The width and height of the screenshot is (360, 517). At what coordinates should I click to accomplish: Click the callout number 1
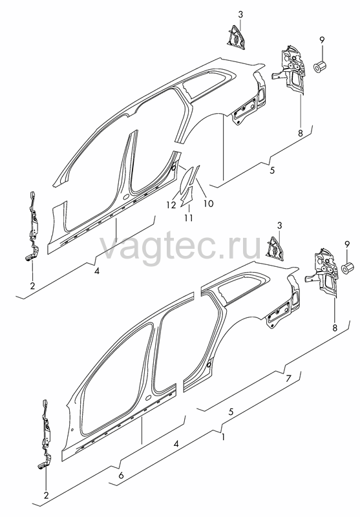tap(224, 438)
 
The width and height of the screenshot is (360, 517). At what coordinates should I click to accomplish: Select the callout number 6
tap(121, 475)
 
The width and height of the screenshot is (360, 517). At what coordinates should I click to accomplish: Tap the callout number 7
tap(288, 379)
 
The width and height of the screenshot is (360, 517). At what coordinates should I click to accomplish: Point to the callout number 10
tap(208, 204)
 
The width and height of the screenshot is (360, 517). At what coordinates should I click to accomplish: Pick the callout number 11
tap(189, 218)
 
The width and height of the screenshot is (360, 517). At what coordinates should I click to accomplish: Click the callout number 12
tap(171, 205)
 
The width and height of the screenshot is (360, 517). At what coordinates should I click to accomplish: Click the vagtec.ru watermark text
tap(181, 248)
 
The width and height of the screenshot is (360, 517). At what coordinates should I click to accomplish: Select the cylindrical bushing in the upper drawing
tap(319, 67)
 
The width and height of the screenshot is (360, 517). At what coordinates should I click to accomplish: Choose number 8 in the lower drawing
tap(335, 328)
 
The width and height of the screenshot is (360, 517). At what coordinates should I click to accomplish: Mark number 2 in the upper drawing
tap(32, 286)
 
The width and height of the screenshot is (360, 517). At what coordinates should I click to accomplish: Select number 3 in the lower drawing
tap(280, 226)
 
